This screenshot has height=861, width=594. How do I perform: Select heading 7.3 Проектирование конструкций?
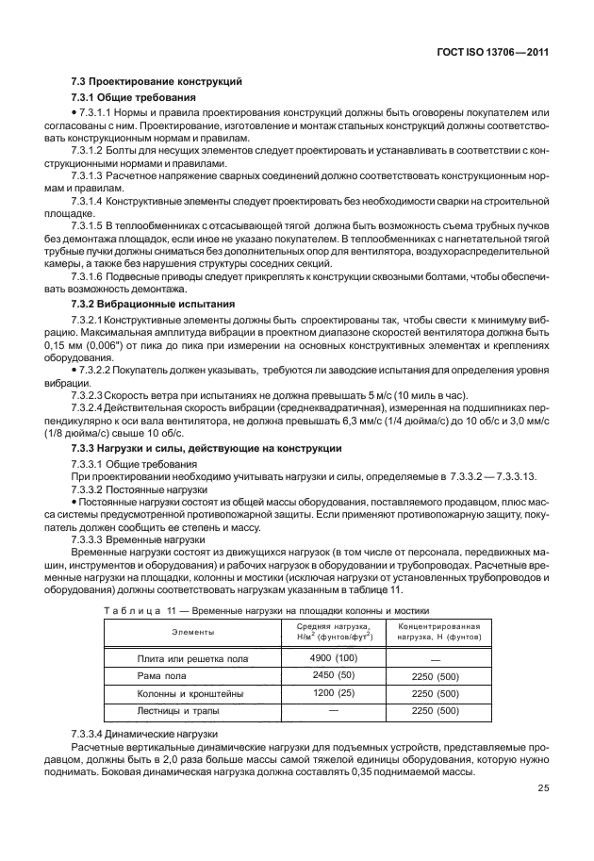(157, 82)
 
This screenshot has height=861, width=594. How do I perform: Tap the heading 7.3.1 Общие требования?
(134, 98)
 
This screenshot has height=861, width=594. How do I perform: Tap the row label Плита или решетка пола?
(193, 658)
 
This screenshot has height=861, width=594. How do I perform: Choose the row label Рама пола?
(193, 676)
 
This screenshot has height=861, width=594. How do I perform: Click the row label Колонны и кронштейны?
(193, 694)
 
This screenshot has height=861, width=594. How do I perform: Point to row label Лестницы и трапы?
(193, 711)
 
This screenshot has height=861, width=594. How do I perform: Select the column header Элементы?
(192, 631)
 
